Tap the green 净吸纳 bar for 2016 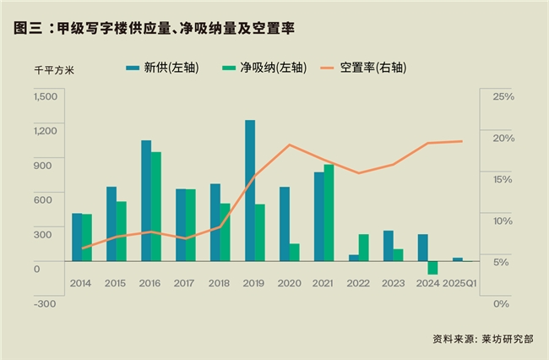click(155, 206)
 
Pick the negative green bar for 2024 click(432, 268)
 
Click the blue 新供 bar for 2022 click(354, 258)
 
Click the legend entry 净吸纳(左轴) click(262, 67)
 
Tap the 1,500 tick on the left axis click(45, 96)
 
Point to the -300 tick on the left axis click(45, 303)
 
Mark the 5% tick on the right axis click(503, 261)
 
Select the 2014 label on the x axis click(82, 282)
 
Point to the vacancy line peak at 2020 click(290, 145)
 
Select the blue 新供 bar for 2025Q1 click(458, 259)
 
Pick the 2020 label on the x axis click(289, 282)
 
